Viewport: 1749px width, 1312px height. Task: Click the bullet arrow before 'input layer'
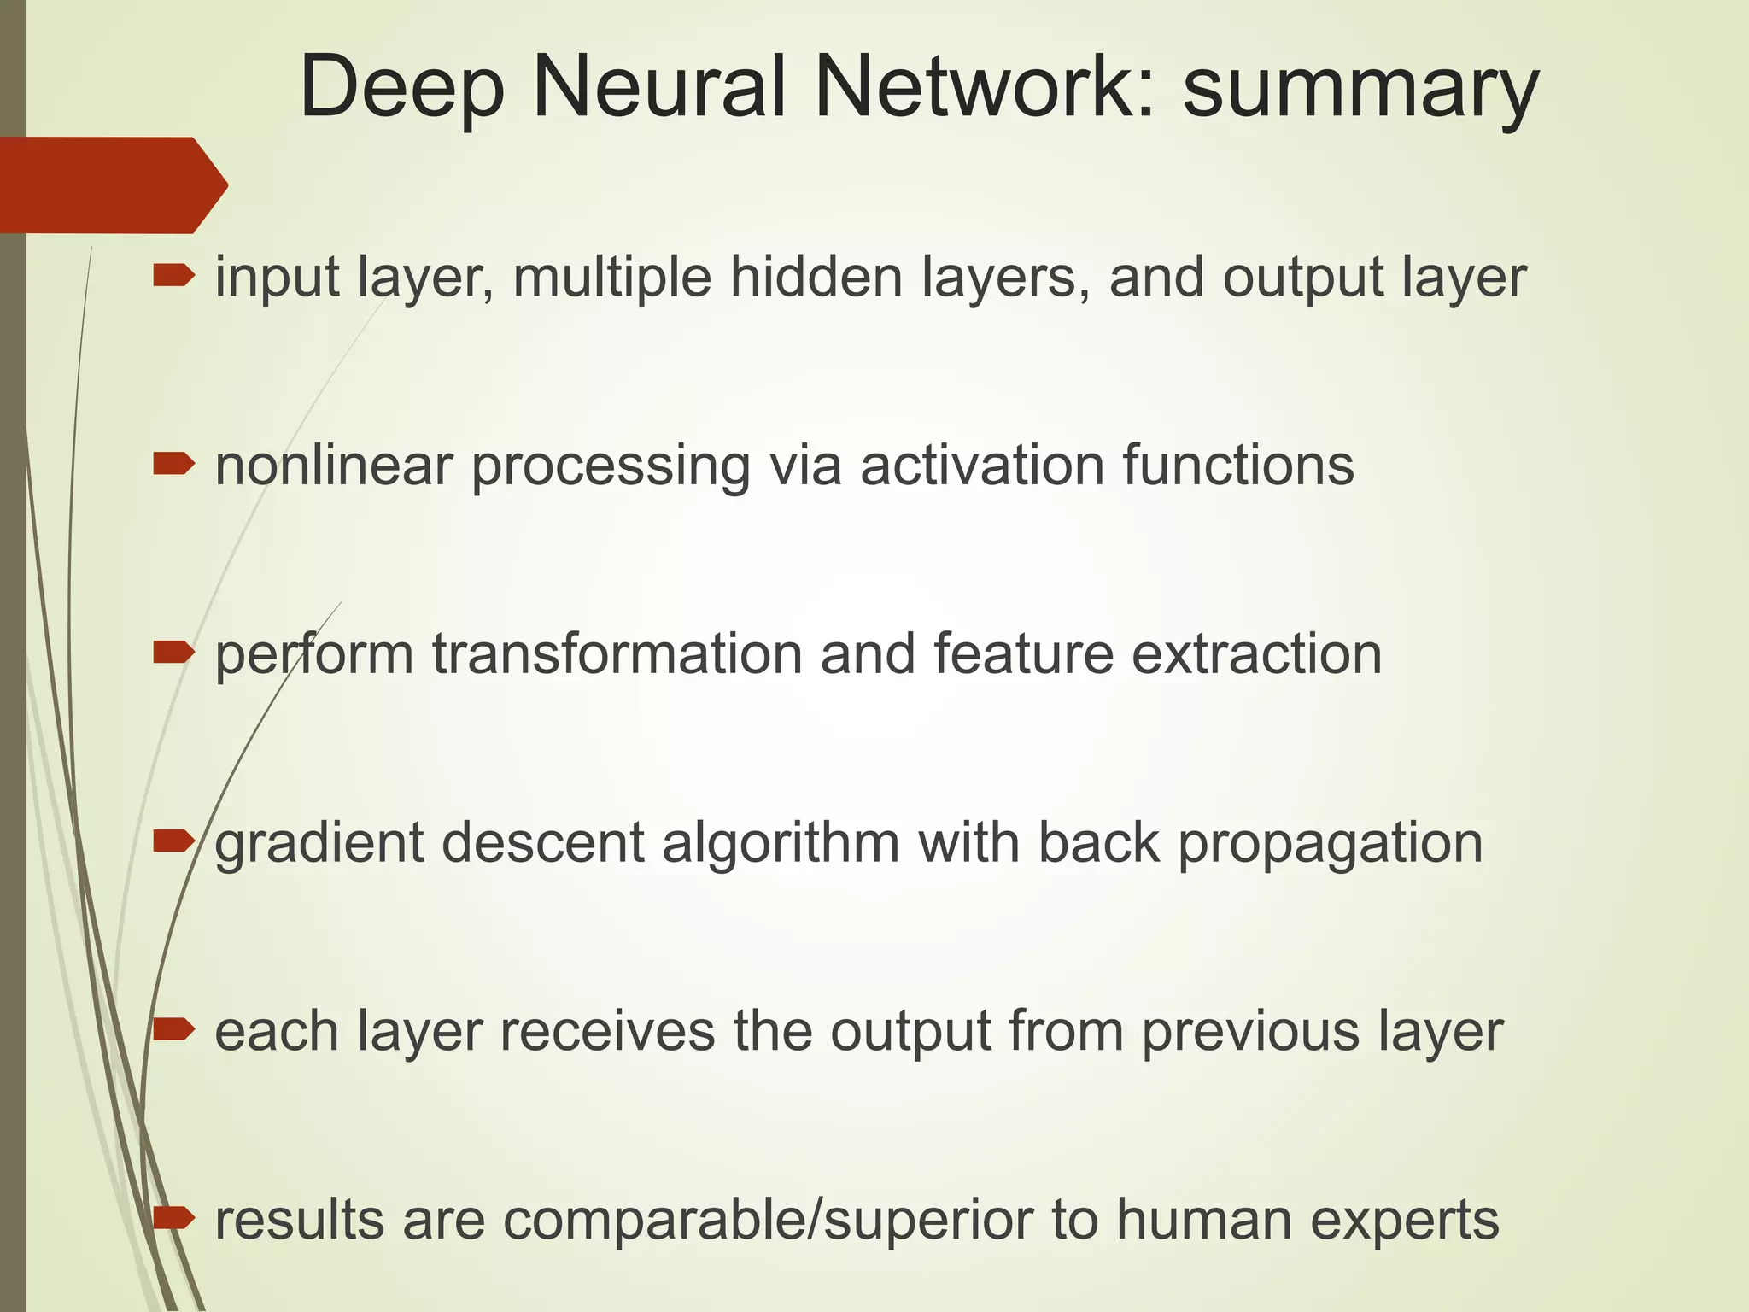[173, 276]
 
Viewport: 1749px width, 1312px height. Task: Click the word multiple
[611, 279]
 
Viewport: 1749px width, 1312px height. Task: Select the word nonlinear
[333, 466]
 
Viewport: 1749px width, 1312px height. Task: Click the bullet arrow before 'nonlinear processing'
[173, 465]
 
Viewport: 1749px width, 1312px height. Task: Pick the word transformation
[617, 654]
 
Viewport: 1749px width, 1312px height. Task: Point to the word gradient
[319, 845]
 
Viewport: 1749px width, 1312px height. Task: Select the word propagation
[1331, 845]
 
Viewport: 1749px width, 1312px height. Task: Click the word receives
[607, 1032]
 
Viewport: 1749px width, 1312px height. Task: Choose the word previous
[1251, 1032]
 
